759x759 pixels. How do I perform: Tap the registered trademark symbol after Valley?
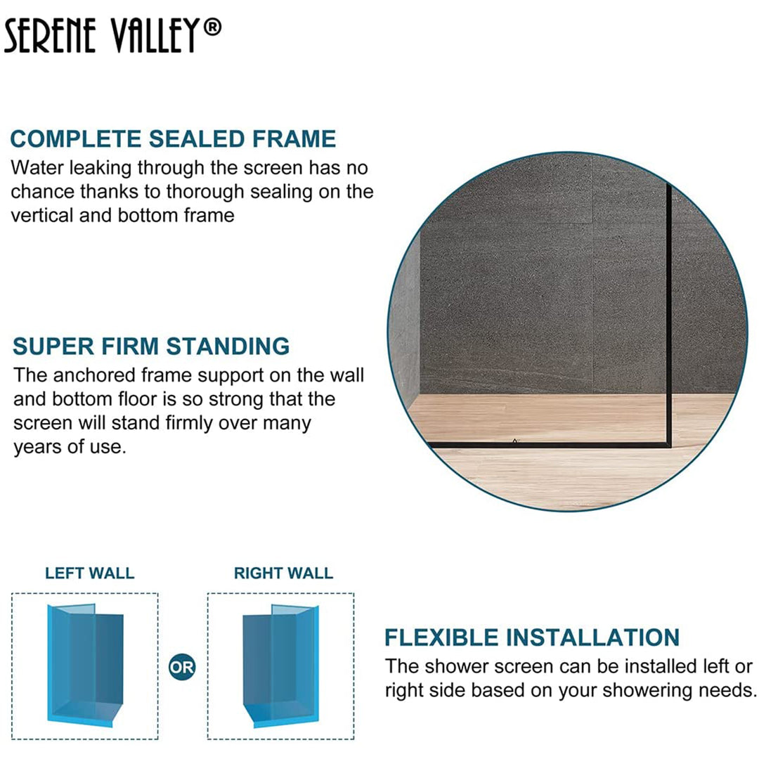214,28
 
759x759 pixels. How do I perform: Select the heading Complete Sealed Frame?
173,138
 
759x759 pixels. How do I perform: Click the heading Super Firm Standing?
151,346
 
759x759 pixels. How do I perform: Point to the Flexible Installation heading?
531,637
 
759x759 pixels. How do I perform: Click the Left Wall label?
89,573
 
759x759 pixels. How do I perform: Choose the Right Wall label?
283,573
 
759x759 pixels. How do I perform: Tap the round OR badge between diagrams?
182,667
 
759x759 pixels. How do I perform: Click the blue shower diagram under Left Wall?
85,664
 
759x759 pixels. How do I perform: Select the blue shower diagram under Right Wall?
280,664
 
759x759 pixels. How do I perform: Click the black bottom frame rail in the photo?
548,445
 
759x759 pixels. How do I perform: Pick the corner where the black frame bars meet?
668,444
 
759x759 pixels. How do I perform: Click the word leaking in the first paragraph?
103,169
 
